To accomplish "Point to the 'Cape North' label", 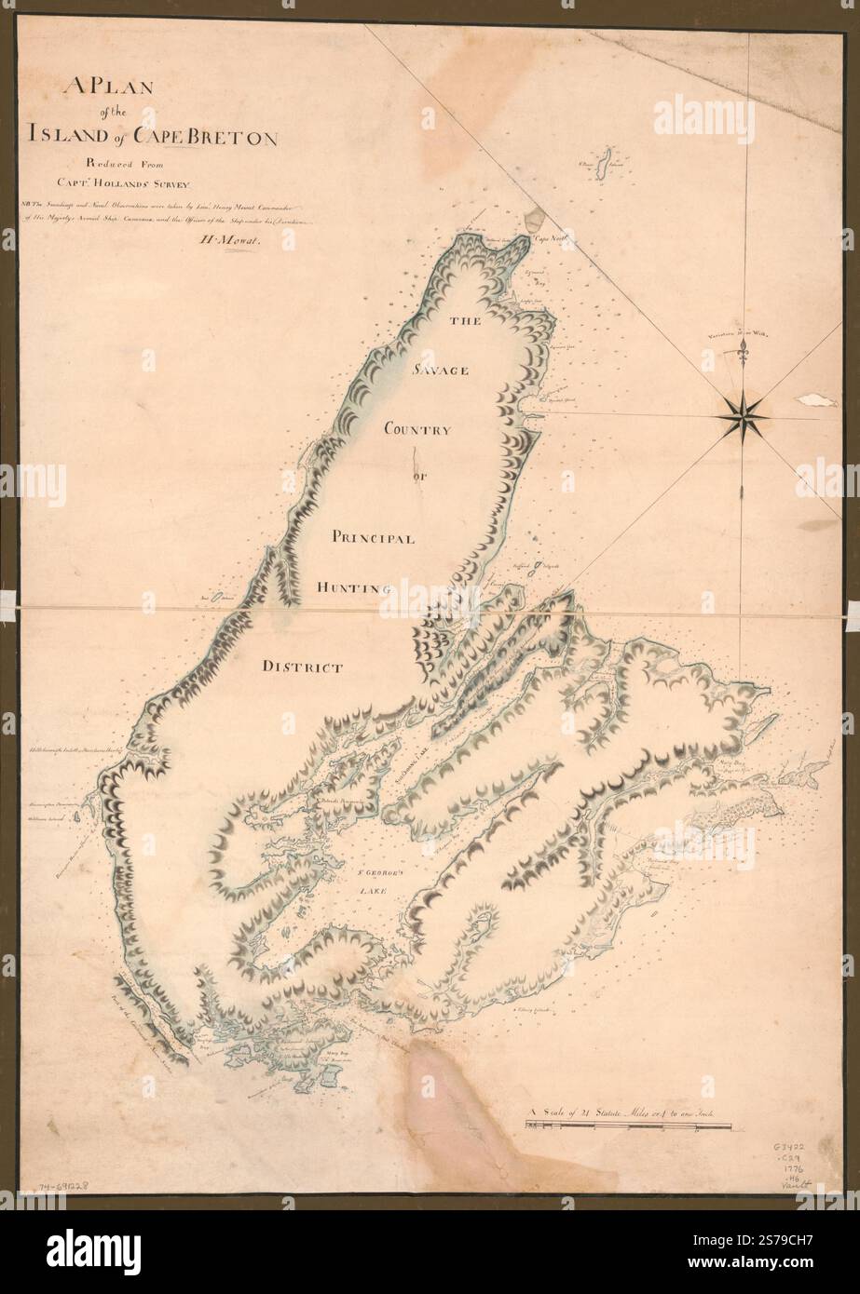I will [550, 239].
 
